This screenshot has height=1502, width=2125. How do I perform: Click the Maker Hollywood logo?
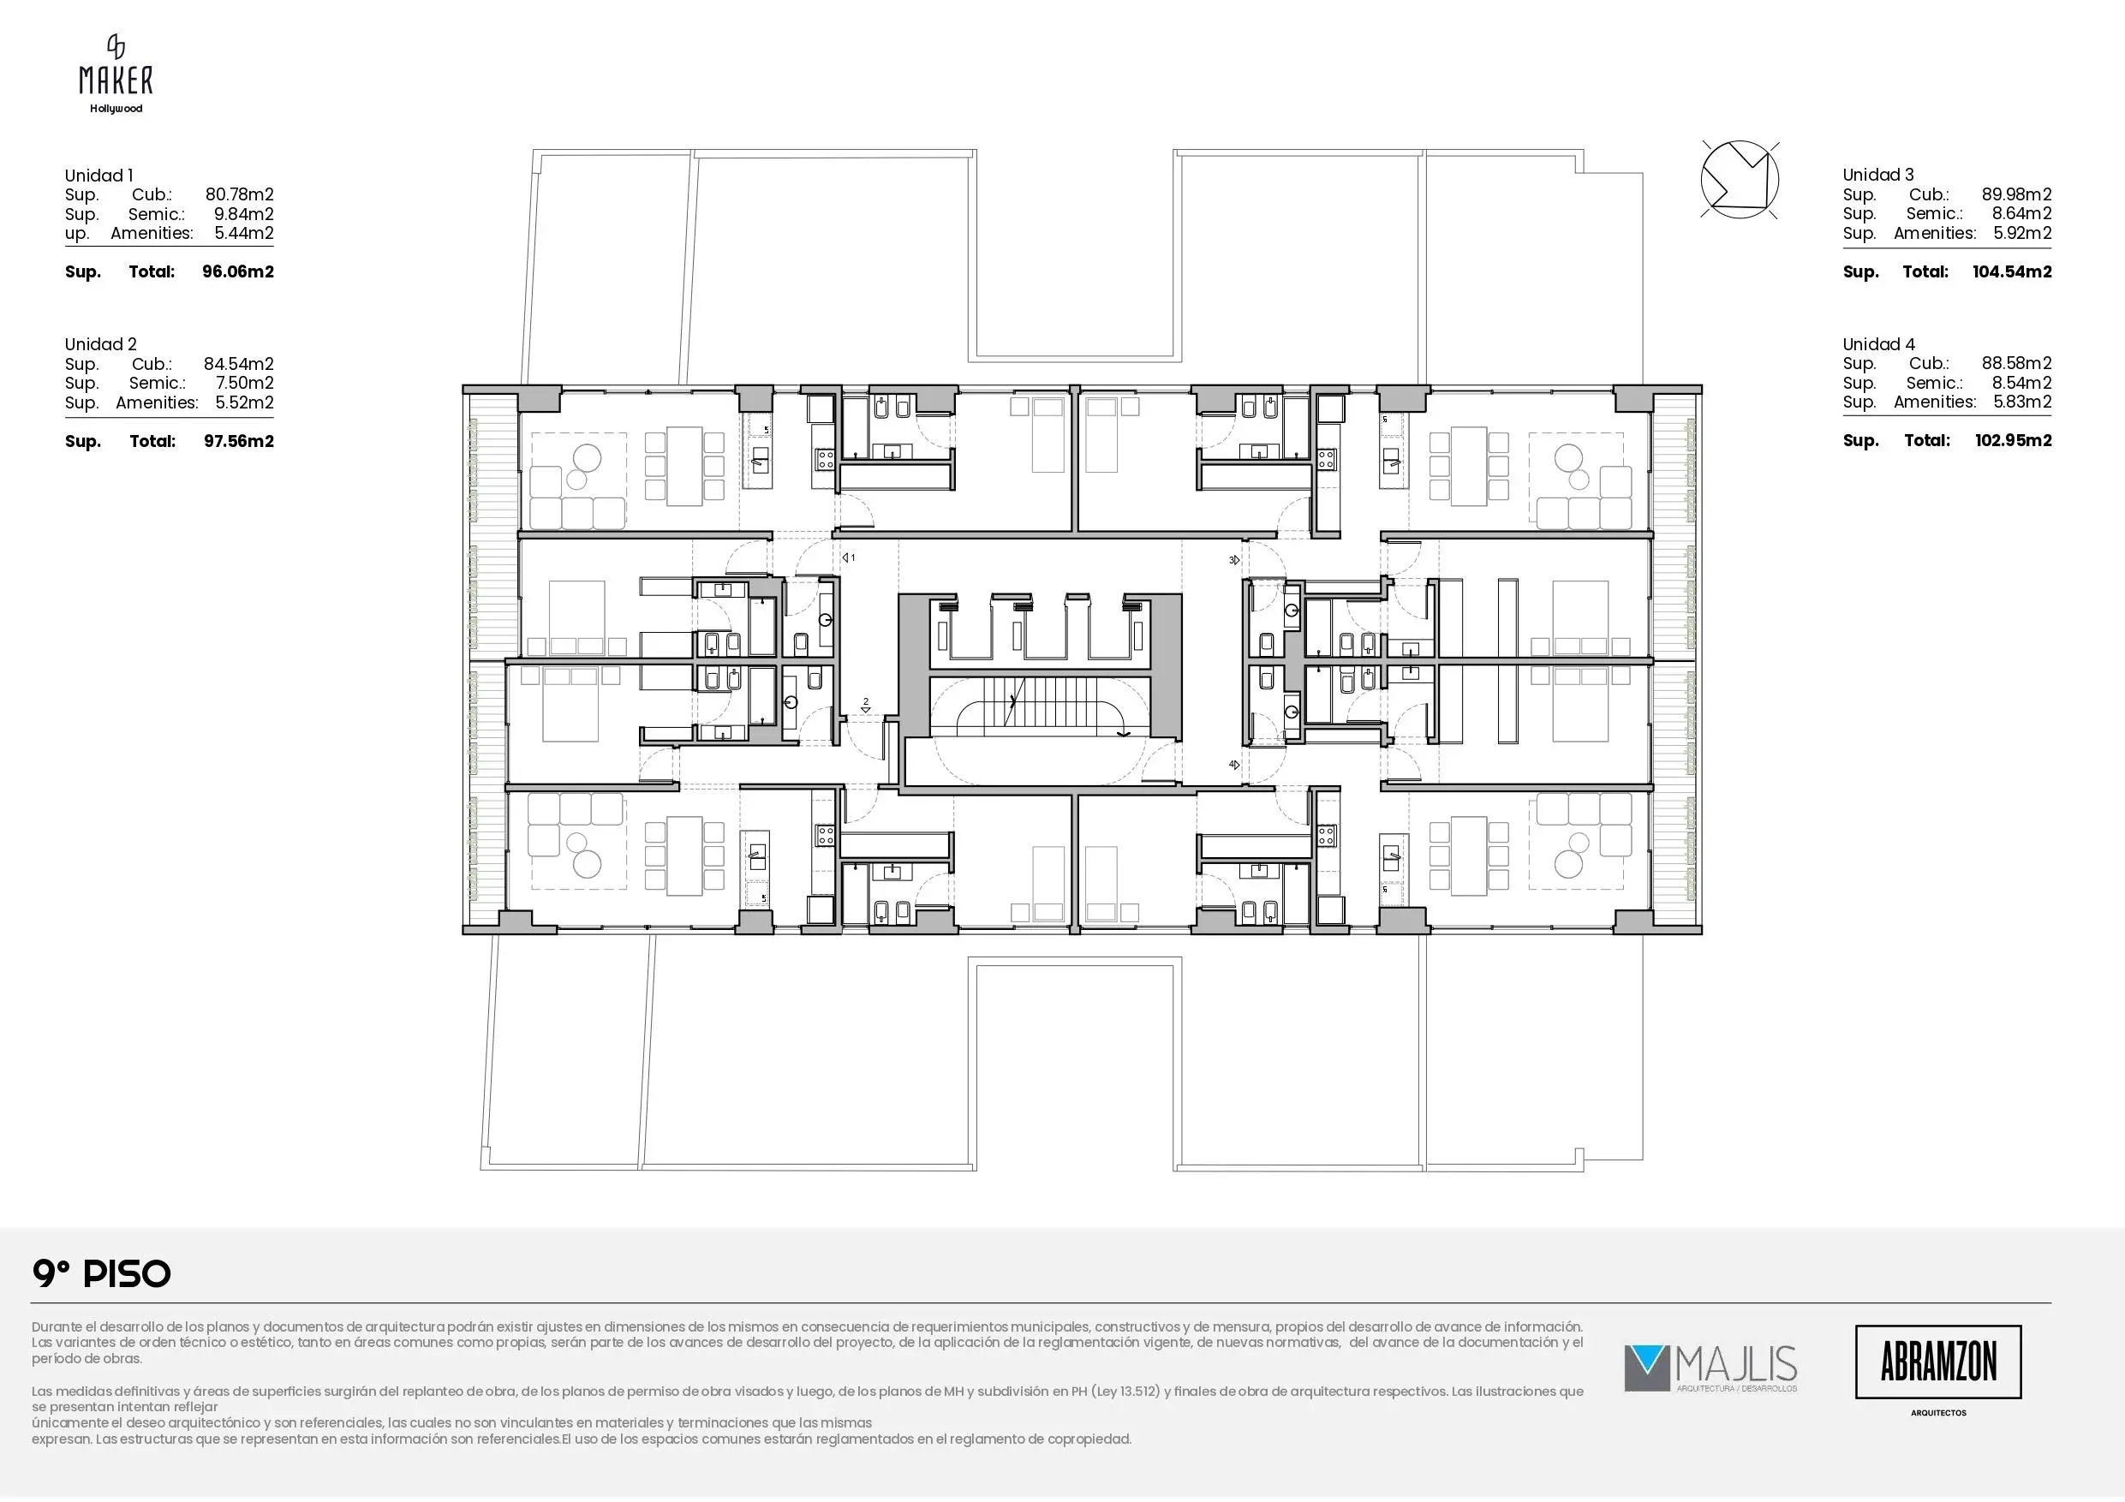click(116, 74)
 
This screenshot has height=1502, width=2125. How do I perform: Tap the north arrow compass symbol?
click(1739, 180)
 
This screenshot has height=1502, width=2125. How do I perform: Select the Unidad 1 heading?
click(99, 175)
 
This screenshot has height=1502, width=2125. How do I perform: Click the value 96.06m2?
click(238, 272)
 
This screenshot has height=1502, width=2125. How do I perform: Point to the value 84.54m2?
click(239, 364)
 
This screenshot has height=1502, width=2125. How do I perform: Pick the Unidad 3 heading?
click(1877, 175)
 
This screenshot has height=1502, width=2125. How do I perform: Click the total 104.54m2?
click(2012, 272)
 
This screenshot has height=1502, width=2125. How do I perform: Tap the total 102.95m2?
click(2013, 440)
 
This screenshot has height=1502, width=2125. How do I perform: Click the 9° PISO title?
click(102, 1274)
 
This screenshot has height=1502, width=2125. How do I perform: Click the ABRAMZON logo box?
click(1938, 1362)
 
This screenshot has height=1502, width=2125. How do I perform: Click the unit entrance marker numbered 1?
click(848, 558)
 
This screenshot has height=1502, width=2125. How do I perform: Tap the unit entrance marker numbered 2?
click(866, 706)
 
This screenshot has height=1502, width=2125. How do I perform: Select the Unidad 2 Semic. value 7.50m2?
click(243, 383)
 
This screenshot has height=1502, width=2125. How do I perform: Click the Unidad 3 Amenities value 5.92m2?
click(2022, 233)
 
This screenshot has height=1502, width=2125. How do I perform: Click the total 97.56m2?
click(239, 442)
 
